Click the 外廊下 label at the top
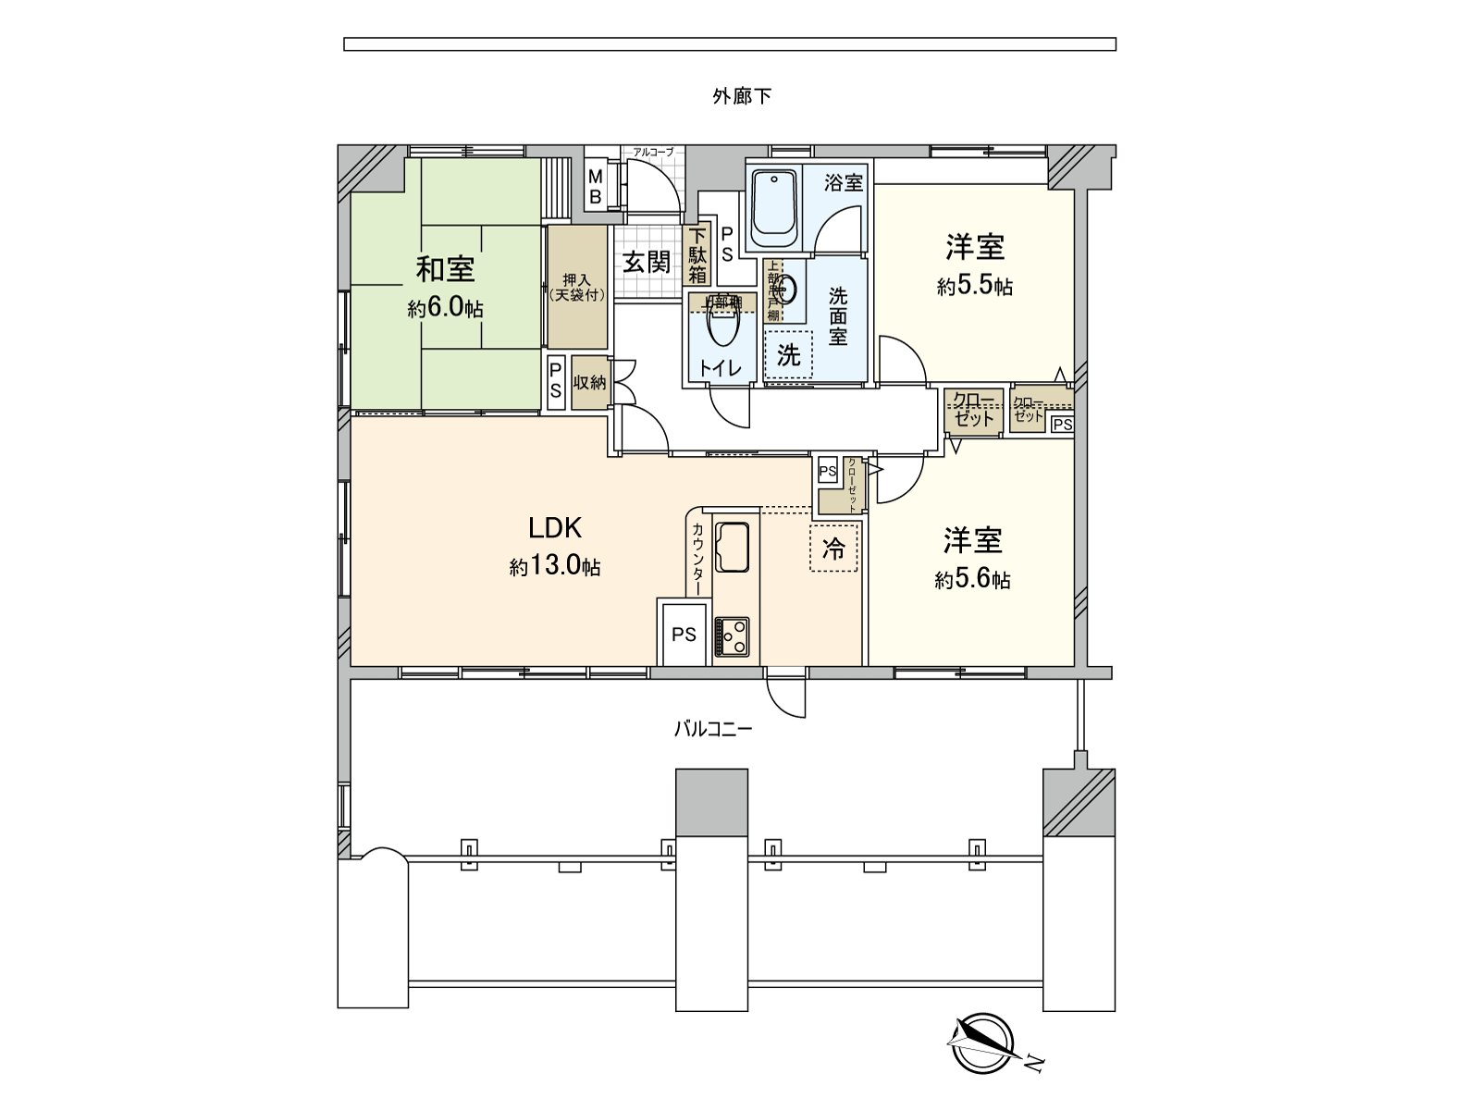tap(741, 96)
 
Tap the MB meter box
tap(597, 187)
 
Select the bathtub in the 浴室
tap(773, 207)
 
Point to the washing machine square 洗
tap(788, 354)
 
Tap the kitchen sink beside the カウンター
tap(734, 549)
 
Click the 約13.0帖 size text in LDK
tap(554, 567)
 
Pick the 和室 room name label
tap(445, 269)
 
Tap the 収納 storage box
tap(589, 381)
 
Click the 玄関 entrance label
tap(646, 263)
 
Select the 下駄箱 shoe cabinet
tap(697, 255)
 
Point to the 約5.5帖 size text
tap(974, 287)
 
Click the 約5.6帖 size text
tap(972, 580)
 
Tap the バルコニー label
tap(711, 729)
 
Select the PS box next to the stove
tap(684, 635)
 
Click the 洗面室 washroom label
tap(837, 315)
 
